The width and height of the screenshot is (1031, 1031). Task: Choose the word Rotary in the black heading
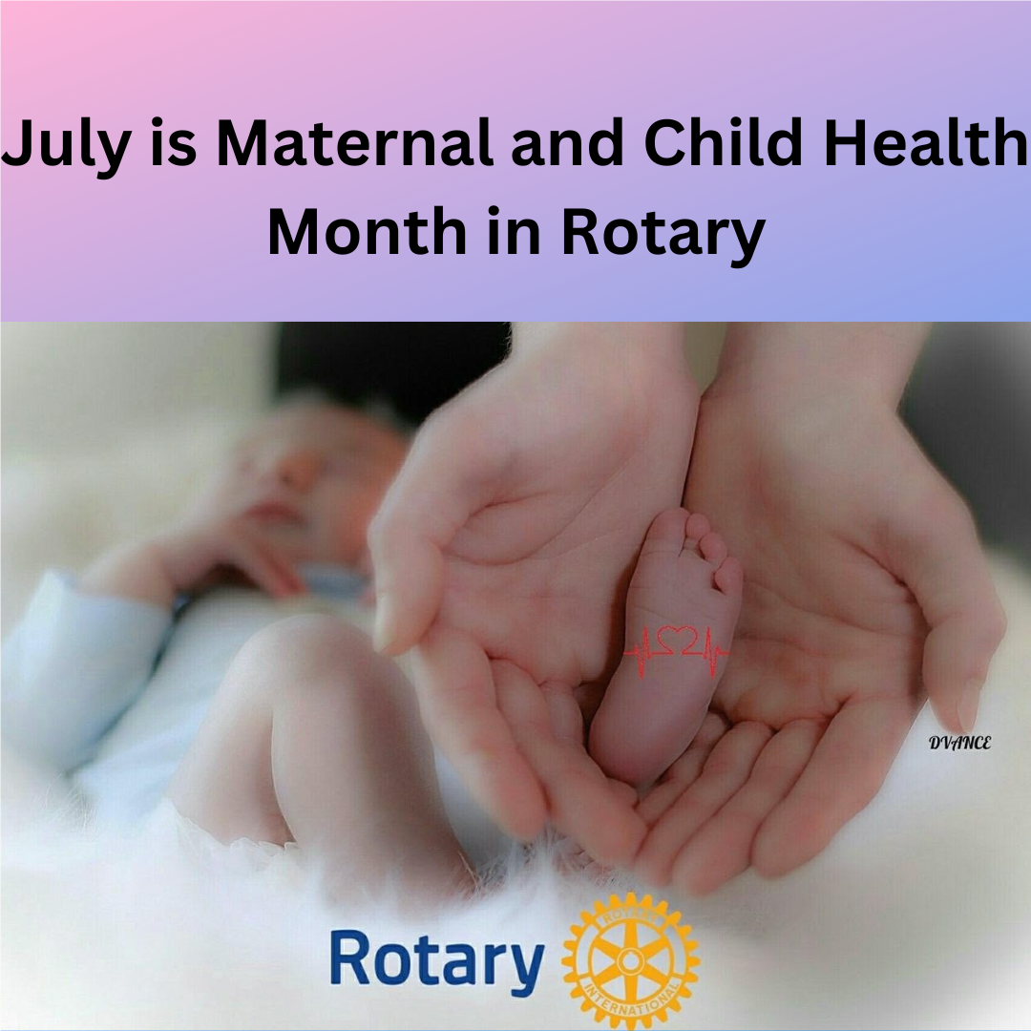click(x=662, y=234)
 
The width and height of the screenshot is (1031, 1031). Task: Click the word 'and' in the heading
click(x=558, y=145)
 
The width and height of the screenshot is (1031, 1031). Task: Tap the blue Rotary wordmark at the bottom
click(x=436, y=959)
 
